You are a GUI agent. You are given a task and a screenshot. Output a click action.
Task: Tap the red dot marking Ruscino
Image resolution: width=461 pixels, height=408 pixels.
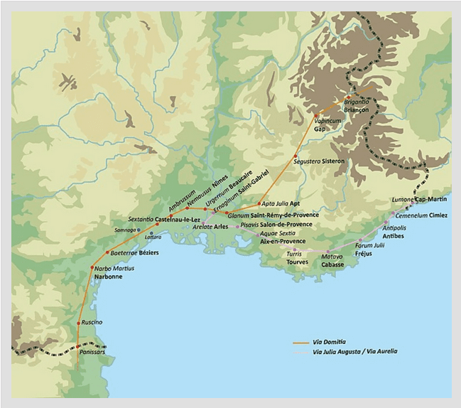coord(78,323)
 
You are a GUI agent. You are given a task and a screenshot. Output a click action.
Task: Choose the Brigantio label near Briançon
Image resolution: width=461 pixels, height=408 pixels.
coord(357,102)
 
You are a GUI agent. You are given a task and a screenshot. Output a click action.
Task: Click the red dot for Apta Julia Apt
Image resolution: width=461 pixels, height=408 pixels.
coord(259,204)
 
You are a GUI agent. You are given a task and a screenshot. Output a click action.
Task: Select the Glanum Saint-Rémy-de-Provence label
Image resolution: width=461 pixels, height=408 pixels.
coord(273,214)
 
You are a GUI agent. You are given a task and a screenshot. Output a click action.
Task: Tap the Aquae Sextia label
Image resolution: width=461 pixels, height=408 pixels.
coord(277,233)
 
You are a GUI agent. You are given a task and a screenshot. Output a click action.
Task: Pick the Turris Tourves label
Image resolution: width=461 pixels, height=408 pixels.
coord(297,257)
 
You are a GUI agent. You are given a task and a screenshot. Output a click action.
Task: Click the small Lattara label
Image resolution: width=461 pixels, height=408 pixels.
coord(153,236)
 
